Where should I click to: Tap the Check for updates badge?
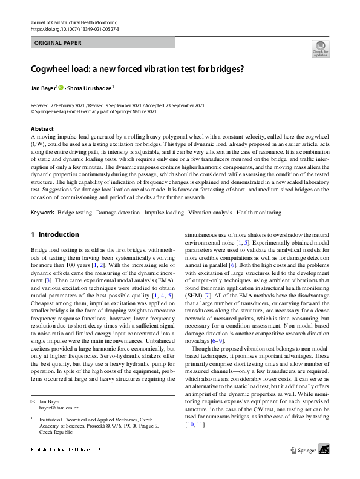[x=321, y=48]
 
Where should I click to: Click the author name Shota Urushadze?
[x=90, y=88]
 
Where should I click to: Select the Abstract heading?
[x=42, y=129]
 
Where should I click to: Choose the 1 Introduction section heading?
[x=54, y=234]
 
